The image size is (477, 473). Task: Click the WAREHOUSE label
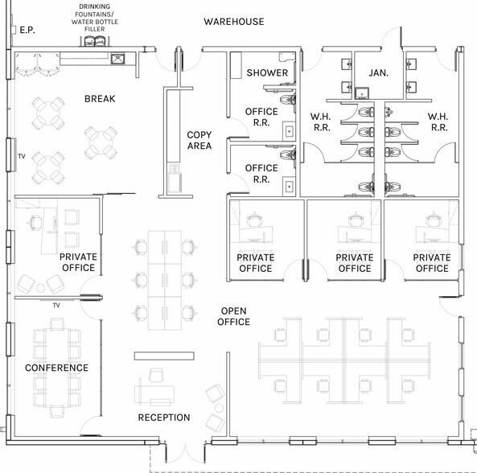(x=233, y=22)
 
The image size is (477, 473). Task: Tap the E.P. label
(x=27, y=30)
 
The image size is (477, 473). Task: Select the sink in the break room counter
(x=117, y=59)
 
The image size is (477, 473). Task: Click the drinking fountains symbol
(x=94, y=41)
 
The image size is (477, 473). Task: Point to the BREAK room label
(x=100, y=99)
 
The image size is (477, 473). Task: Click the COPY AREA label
(x=199, y=140)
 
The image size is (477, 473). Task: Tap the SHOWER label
(x=267, y=73)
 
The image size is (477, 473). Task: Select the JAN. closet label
(x=378, y=73)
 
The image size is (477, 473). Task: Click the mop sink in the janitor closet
(x=362, y=93)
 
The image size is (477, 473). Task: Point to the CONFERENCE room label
(x=56, y=368)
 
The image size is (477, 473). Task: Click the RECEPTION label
(x=164, y=417)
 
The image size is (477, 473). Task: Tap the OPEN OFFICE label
(x=233, y=316)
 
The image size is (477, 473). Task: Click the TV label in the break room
(x=22, y=156)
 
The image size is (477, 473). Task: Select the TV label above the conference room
(x=56, y=305)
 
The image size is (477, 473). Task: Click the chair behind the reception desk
(x=156, y=375)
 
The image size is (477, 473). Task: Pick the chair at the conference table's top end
(x=57, y=324)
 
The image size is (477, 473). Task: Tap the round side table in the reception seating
(x=220, y=408)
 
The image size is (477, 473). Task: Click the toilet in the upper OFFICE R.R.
(x=287, y=100)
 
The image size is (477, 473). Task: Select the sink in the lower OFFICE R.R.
(x=289, y=187)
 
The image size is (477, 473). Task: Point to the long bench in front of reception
(x=164, y=356)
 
